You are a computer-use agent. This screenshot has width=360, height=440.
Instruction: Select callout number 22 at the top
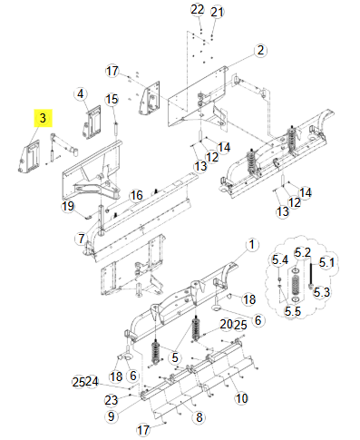tap(198, 10)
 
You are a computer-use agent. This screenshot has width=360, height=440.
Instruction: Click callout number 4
tap(80, 93)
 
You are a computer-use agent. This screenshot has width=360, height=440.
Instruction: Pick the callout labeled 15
tap(112, 99)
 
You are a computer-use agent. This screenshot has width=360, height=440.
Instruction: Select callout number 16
tap(136, 195)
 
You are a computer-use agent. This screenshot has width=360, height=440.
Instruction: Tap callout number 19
tap(67, 207)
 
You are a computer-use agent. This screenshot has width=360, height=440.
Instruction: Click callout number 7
tap(81, 239)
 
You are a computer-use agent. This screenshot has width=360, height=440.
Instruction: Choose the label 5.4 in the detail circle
tap(280, 260)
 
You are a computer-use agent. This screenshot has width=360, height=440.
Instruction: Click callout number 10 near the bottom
tap(241, 397)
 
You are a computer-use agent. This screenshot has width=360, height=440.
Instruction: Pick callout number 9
tap(111, 416)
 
